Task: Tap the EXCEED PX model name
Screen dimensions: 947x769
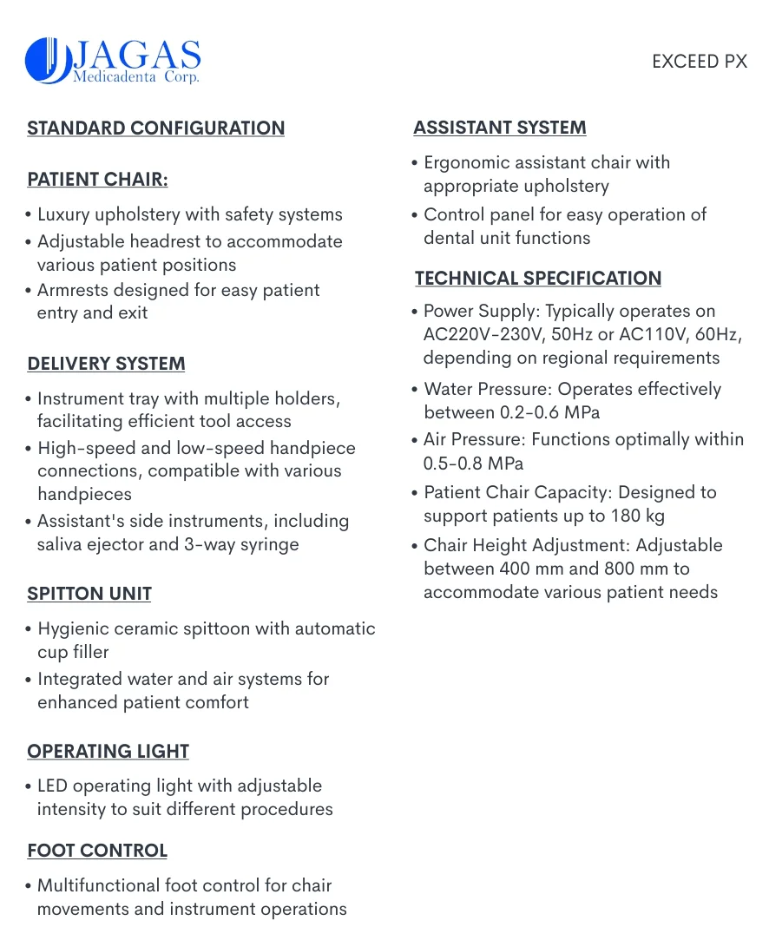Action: pos(699,62)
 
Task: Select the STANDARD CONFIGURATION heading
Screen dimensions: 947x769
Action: pos(156,128)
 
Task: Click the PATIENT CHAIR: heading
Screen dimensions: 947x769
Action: pos(97,180)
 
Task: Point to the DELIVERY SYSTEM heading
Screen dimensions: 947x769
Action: pos(106,364)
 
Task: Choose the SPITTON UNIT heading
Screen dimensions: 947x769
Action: pos(89,594)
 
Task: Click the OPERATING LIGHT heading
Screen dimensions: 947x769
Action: pos(108,751)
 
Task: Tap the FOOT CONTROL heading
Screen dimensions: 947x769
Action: pos(97,851)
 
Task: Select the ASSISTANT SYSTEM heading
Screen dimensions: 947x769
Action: pos(499,128)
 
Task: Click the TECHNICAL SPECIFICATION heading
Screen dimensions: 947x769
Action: pos(537,279)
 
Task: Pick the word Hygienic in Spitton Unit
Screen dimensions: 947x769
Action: pos(73,628)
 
